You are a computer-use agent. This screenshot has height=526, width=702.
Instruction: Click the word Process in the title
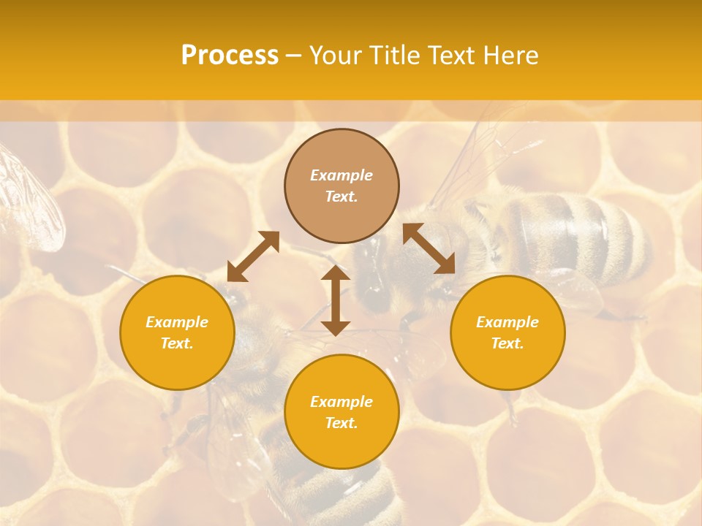[230, 56]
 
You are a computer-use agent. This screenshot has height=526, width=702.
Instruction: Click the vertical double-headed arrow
[336, 300]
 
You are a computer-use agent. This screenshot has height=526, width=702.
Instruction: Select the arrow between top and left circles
[253, 256]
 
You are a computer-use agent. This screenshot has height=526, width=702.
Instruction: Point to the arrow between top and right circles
[429, 248]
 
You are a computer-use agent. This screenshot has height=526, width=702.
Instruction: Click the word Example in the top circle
[341, 175]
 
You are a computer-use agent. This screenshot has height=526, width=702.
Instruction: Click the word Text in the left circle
[177, 343]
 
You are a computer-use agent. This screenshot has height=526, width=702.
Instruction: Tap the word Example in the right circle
[507, 322]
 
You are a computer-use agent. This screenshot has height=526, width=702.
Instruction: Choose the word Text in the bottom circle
[341, 423]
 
